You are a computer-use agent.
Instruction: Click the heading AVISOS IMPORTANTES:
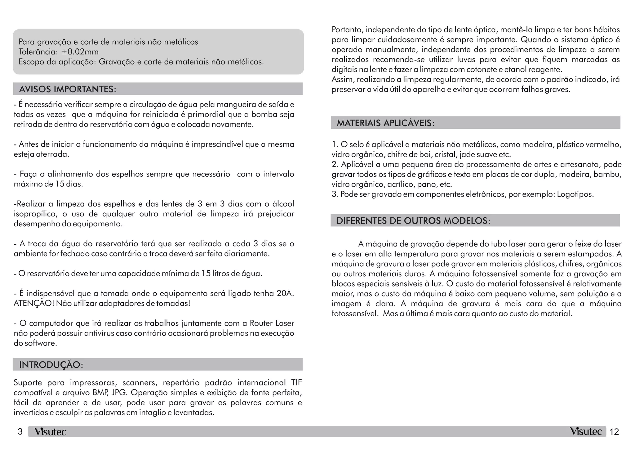(x=68, y=89)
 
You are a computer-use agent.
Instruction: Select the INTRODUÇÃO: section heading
(x=51, y=365)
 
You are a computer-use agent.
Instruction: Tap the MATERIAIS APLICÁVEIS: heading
(x=385, y=123)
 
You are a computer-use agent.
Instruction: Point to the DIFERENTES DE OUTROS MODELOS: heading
(x=413, y=221)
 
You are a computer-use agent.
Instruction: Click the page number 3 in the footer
(x=20, y=432)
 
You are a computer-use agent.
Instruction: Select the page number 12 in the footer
(x=614, y=432)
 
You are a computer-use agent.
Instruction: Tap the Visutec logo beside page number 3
(x=50, y=432)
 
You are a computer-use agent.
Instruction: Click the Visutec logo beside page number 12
(x=586, y=431)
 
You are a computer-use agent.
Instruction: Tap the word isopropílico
(x=35, y=214)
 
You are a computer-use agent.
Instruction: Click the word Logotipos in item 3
(x=575, y=194)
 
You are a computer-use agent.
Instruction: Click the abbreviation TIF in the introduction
(x=296, y=383)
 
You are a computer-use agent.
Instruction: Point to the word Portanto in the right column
(x=347, y=30)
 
